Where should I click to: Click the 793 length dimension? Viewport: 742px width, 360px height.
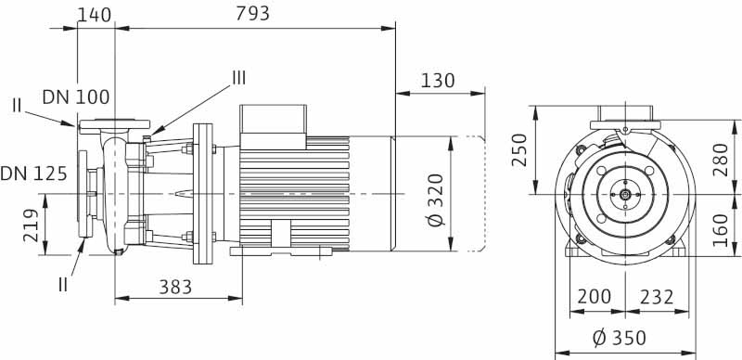point(252,13)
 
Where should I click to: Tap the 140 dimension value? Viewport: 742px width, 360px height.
point(95,15)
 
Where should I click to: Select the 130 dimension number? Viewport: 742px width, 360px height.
point(437,81)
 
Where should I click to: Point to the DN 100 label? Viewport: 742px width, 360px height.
point(76,97)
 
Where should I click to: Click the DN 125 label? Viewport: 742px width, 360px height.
point(33,174)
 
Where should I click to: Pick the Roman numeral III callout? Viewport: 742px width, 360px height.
point(238,78)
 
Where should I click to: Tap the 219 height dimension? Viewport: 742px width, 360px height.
point(32,225)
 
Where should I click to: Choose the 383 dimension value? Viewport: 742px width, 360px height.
point(175,287)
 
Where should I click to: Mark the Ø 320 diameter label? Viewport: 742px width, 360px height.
point(436,199)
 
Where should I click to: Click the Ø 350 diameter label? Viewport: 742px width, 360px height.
point(619,339)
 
